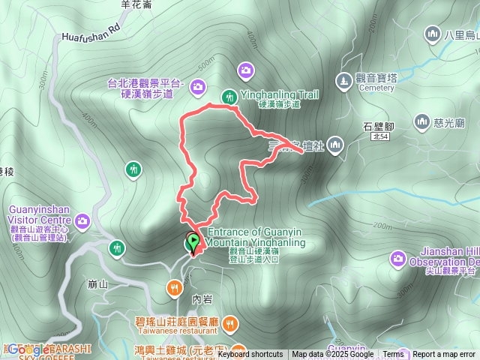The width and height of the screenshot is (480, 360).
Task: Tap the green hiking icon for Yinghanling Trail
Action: tap(228, 95)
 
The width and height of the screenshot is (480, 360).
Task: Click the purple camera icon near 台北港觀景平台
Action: tap(198, 87)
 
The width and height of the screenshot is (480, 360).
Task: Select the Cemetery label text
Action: tap(376, 88)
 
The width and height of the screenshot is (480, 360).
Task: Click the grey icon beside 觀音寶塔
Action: tap(343, 78)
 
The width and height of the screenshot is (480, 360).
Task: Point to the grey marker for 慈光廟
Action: tap(421, 121)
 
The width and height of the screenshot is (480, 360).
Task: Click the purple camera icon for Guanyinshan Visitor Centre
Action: tap(82, 220)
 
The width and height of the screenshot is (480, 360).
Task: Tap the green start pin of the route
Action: tap(194, 242)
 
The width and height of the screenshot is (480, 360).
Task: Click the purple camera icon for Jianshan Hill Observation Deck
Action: tap(397, 259)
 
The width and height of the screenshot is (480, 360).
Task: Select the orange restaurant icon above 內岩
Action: tap(174, 286)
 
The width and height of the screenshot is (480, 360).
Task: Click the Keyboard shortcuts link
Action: tap(250, 355)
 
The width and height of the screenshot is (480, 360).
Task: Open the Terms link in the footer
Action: tap(393, 355)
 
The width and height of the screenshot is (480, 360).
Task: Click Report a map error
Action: tap(444, 355)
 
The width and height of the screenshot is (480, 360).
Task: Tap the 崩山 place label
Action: tap(98, 284)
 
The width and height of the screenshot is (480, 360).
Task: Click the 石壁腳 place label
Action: tap(378, 125)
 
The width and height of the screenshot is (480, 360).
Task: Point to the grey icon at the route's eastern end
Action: tap(334, 142)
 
